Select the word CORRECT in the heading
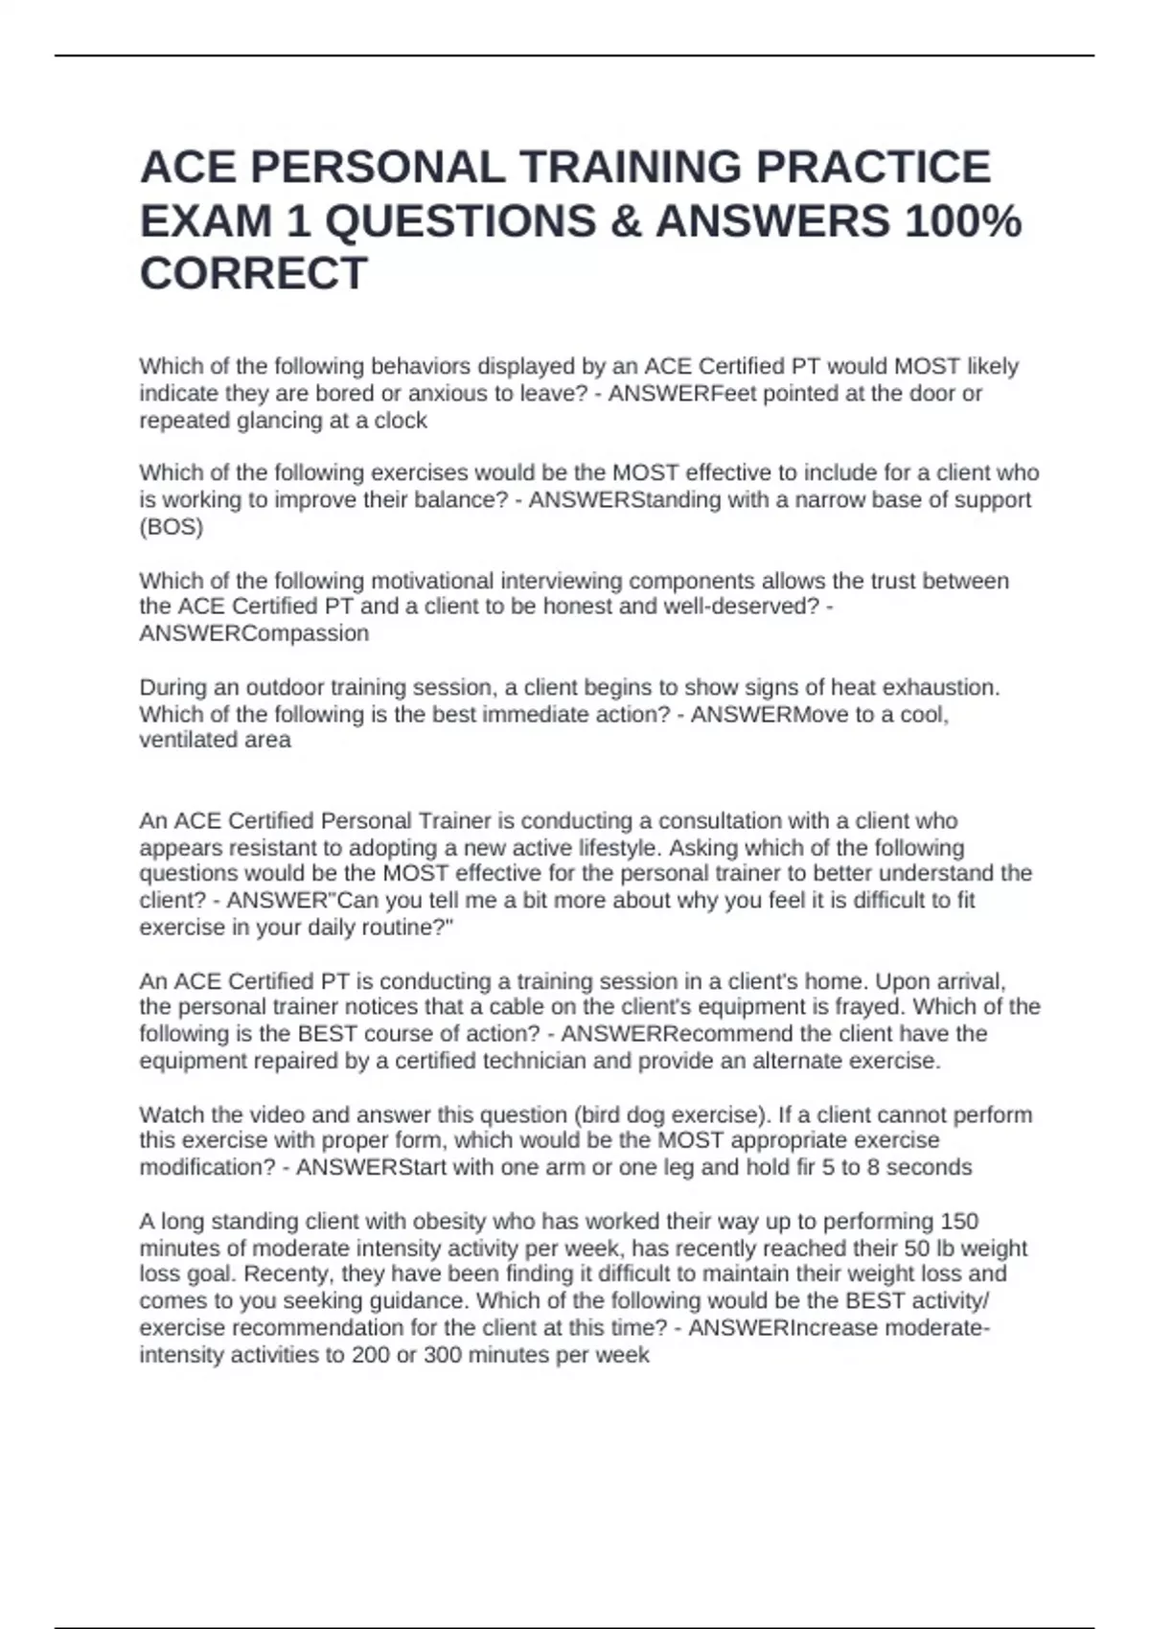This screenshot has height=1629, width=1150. [254, 274]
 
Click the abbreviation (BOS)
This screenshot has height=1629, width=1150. [172, 527]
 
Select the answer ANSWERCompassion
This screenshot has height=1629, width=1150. [254, 633]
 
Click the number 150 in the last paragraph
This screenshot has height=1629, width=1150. [959, 1222]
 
